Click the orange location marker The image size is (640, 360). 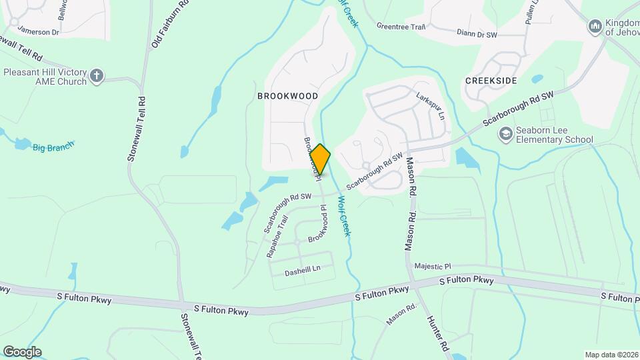320,159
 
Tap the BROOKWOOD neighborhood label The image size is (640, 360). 287,96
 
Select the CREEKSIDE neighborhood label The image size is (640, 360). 491,80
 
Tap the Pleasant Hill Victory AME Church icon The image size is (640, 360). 97,76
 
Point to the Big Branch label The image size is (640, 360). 53,146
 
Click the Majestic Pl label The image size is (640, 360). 433,265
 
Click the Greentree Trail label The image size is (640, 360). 401,27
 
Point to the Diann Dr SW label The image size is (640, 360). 477,33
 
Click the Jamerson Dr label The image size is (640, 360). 39,31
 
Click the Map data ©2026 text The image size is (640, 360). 611,355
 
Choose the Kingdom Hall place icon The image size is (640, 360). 595,26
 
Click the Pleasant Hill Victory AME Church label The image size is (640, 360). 45,77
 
